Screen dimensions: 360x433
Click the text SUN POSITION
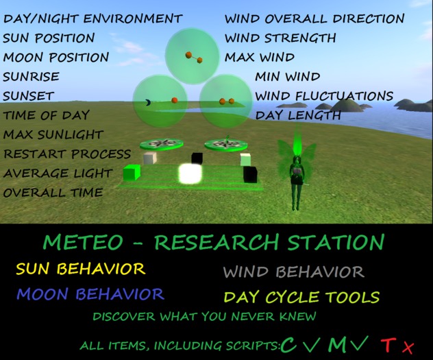tap(49, 38)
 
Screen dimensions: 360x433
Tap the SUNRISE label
tap(31, 77)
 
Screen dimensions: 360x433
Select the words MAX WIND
tap(260, 58)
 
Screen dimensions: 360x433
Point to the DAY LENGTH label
tap(298, 116)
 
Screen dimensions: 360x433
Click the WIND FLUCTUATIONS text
tap(324, 97)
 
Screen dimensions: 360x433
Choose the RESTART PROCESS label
tap(66, 154)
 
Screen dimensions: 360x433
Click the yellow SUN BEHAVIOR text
tap(80, 268)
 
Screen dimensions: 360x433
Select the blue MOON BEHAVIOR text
tap(90, 294)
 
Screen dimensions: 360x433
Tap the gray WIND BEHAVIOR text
tap(293, 272)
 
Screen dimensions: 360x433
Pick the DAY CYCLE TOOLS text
tap(301, 298)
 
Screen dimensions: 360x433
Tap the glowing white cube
tap(188, 173)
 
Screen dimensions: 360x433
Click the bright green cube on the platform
tap(131, 173)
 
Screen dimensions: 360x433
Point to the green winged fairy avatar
tap(297, 171)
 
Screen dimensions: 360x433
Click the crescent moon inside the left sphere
tap(148, 102)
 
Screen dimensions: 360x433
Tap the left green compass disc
tap(162, 144)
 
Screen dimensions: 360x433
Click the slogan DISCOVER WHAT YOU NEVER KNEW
tap(205, 317)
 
